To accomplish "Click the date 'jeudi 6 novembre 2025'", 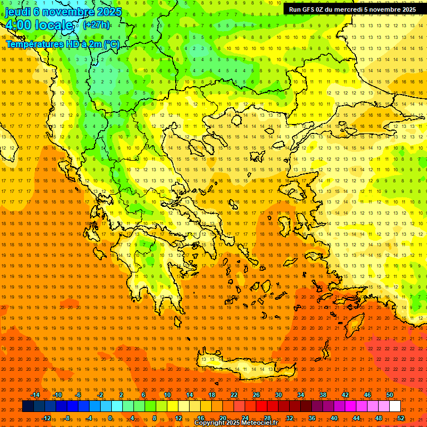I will coord(63,12).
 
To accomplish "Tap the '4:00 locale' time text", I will coord(39,26).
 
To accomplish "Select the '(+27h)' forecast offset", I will coord(96,25).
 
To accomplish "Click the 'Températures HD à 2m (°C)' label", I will coord(63,44).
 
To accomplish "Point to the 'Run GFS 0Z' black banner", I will coord(352,9).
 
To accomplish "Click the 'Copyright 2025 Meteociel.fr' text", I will coord(236,423).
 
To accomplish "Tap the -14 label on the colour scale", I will coord(35,395).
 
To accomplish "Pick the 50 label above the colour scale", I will coord(390,395).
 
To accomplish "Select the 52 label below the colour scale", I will coord(401,418).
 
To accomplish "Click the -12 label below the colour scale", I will coord(47,418).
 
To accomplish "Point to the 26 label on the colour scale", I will coord(256,395).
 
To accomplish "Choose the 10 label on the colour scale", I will coord(167,395).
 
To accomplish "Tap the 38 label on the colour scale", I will coord(323,395).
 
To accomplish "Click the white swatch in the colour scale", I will coord(395,406).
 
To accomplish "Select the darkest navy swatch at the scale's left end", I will coord(28,406).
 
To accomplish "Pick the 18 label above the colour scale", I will coord(212,395).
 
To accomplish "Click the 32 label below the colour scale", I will coord(290,418).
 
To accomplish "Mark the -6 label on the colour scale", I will coord(78,395).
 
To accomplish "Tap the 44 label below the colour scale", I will coord(356,418).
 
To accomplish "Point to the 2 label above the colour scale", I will coord(121,395).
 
